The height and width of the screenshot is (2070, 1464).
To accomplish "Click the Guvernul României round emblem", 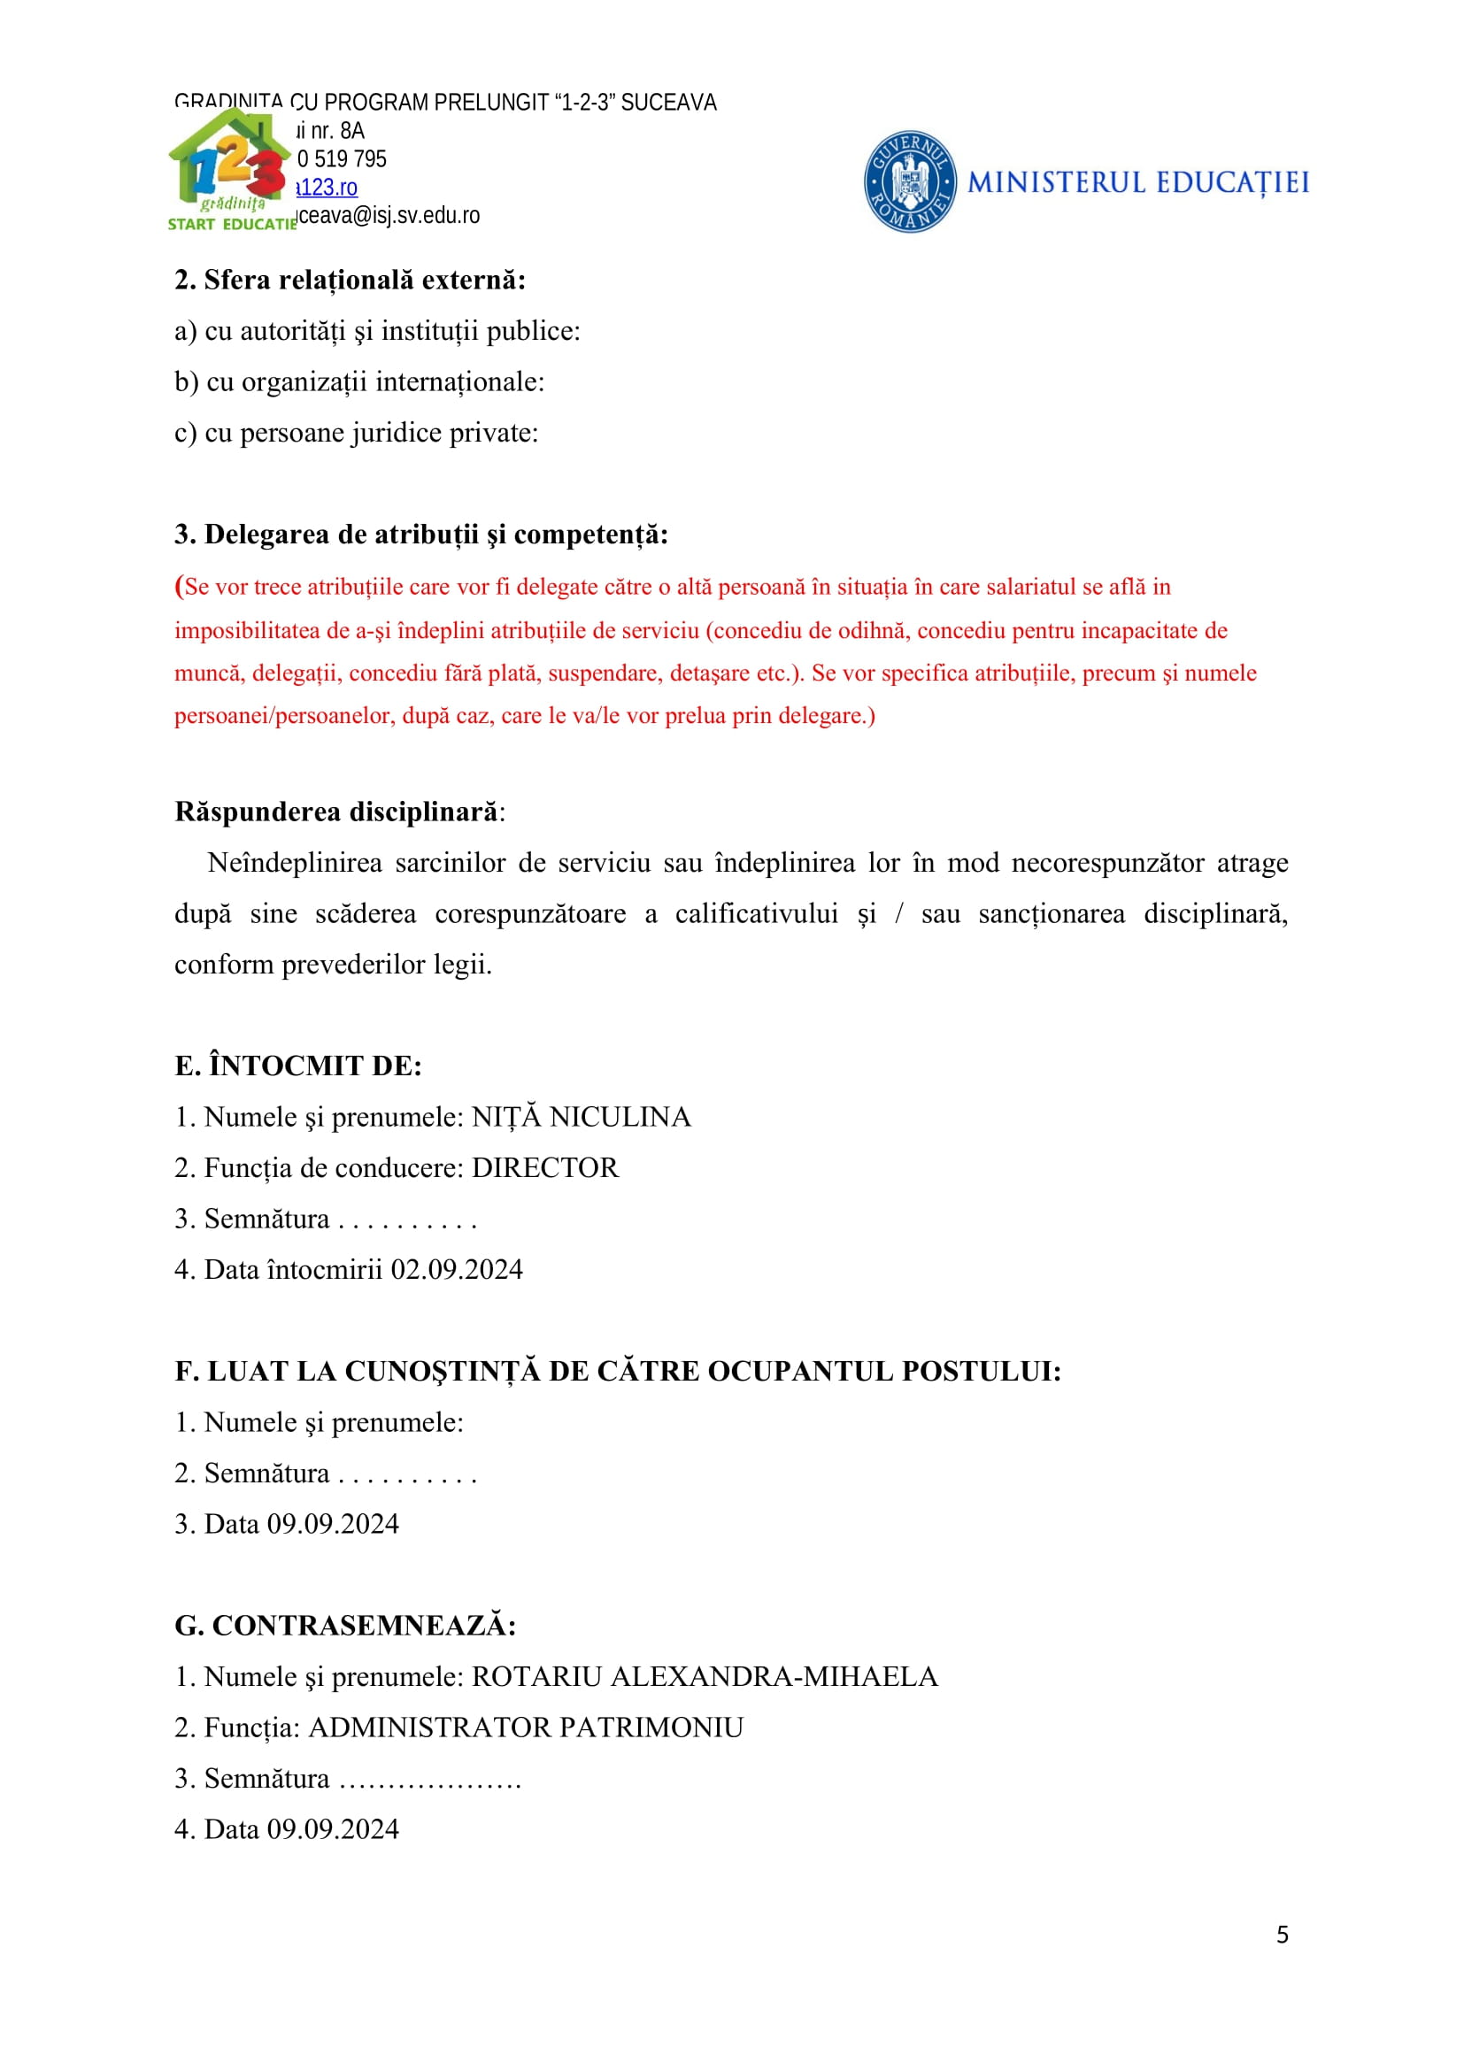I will click(x=910, y=182).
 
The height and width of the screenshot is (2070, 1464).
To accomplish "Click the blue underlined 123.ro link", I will click(x=328, y=188).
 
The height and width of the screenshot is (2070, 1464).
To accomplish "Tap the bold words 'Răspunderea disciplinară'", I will click(x=336, y=812).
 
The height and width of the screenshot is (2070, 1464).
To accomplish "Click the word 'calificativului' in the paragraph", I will click(x=756, y=914).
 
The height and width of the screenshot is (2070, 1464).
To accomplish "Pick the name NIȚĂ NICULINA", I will click(x=582, y=1117).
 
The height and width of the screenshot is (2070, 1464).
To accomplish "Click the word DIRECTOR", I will click(x=545, y=1168).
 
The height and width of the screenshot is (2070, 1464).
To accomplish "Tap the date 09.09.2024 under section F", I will click(x=333, y=1525).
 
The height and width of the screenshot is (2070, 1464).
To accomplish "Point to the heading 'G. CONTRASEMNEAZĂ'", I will click(x=345, y=1626).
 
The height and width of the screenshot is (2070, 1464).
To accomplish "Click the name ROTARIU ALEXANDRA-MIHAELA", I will click(x=705, y=1677).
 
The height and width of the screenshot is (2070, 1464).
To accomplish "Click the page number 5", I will click(x=1282, y=1935).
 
